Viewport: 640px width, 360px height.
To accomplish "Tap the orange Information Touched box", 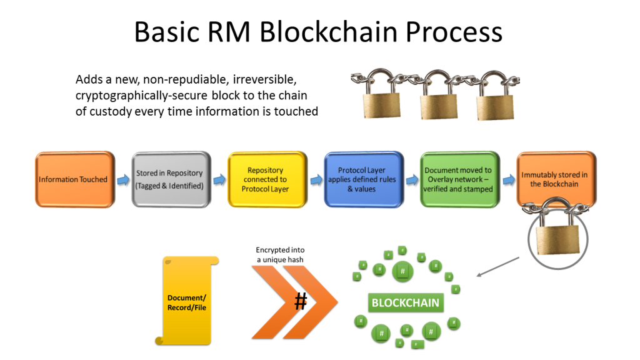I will [74, 179].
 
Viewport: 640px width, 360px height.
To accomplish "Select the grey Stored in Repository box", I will [169, 179].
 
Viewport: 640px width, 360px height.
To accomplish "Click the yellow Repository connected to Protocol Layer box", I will [265, 179].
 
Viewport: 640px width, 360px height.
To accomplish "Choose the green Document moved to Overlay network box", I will [459, 179].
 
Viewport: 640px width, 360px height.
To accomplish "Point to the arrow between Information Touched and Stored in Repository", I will [122, 180].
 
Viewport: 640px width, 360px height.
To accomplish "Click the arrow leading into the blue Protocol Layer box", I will [314, 180].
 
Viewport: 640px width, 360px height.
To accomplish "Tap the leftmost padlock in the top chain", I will [379, 96].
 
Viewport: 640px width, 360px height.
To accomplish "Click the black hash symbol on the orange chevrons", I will [301, 302].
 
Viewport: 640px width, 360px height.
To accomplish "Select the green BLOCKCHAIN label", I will [406, 303].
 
